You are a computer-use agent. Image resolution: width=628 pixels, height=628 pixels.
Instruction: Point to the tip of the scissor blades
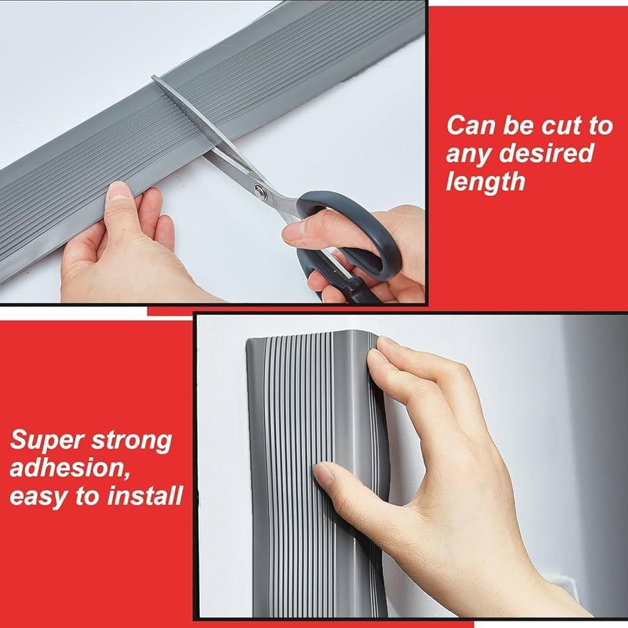(153, 76)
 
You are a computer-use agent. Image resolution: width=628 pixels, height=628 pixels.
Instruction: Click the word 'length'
(485, 181)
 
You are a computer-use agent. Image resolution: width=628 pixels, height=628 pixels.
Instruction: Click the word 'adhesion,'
(70, 468)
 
